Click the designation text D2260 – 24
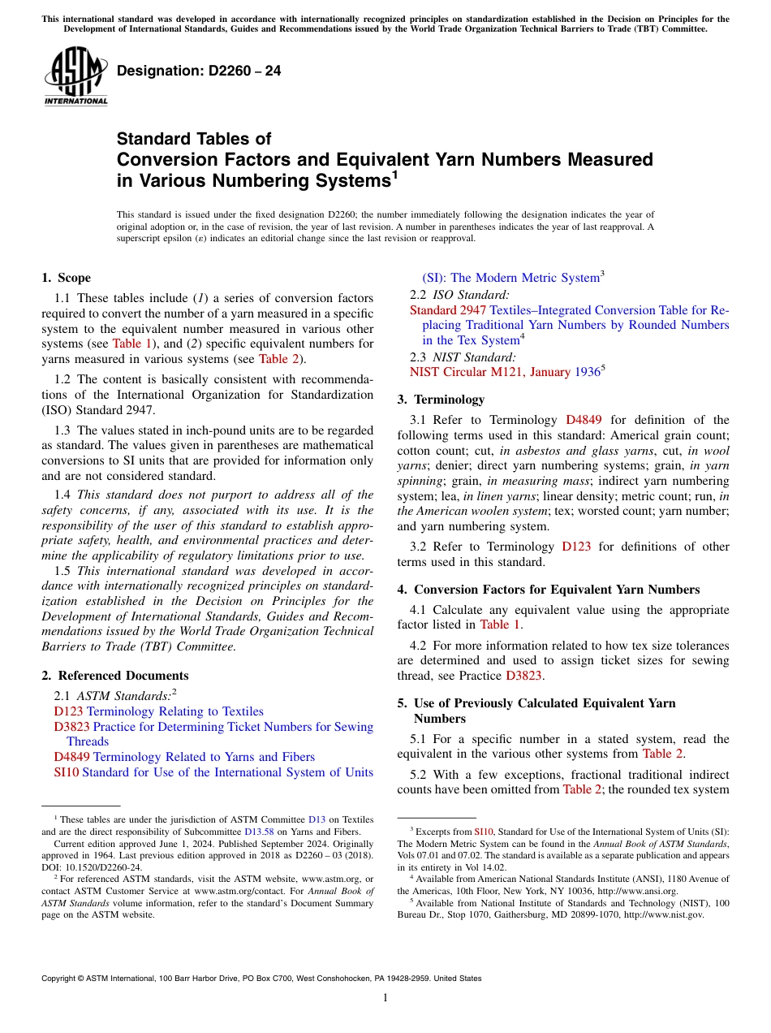pyautogui.click(x=199, y=71)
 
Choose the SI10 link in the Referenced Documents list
pyautogui.click(x=66, y=772)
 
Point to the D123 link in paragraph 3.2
pyautogui.click(x=576, y=547)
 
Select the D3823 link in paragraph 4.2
pyautogui.click(x=524, y=675)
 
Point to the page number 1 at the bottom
pyautogui.click(x=385, y=998)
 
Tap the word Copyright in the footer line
pyautogui.click(x=62, y=979)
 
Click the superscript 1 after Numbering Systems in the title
pyautogui.click(x=394, y=173)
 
